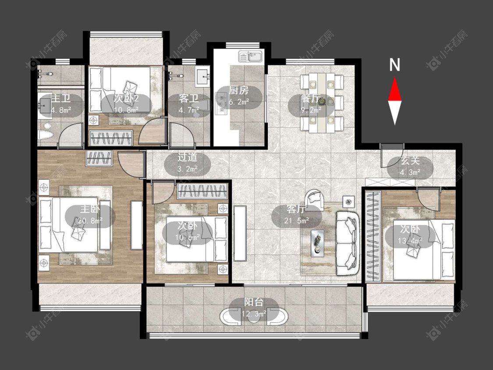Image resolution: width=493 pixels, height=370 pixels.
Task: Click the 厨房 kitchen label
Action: [239, 91]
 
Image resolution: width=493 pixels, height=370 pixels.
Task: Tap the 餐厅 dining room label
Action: [311, 99]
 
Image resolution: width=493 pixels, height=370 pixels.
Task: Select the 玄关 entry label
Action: [410, 161]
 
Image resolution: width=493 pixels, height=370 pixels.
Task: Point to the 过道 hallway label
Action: [188, 157]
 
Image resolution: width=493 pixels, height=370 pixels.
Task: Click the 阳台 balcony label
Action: [254, 302]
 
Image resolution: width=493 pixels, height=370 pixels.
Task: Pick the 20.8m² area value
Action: [90, 221]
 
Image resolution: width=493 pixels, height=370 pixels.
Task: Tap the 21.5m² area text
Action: [297, 221]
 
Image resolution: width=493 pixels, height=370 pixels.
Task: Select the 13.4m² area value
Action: [410, 241]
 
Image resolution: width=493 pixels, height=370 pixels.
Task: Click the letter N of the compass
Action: [394, 65]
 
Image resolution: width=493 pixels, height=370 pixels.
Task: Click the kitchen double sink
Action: [250, 57]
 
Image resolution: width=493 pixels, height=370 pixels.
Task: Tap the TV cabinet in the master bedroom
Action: [136, 225]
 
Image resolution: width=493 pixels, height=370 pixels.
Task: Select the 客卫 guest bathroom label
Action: [188, 99]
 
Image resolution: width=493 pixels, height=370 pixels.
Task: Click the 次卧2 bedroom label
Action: [126, 99]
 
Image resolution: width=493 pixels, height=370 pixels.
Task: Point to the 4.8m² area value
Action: [60, 110]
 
